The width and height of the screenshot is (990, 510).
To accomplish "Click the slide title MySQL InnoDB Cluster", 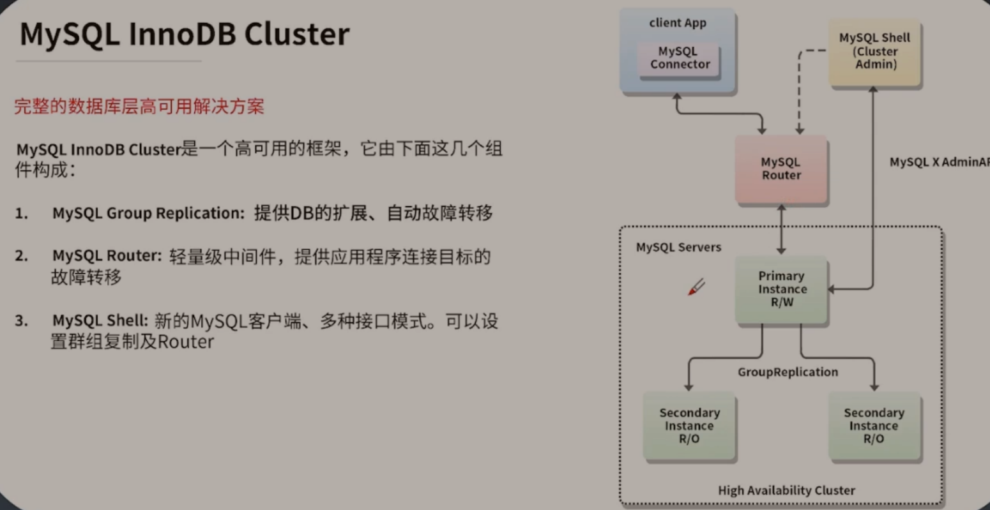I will pyautogui.click(x=185, y=34).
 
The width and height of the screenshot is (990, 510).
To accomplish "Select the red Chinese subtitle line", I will pyautogui.click(x=139, y=107).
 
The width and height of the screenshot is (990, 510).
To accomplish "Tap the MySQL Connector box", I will pyautogui.click(x=680, y=58).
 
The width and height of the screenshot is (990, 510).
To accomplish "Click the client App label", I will pyautogui.click(x=678, y=23).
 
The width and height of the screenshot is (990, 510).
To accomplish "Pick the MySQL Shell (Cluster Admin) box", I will pyautogui.click(x=874, y=51).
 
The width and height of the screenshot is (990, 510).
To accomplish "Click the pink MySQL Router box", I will pyautogui.click(x=781, y=169).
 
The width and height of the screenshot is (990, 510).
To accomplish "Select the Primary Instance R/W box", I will pyautogui.click(x=782, y=289).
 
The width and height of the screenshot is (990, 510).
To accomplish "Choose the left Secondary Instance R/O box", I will pyautogui.click(x=689, y=426).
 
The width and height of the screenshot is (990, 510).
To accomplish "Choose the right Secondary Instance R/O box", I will pyautogui.click(x=874, y=426).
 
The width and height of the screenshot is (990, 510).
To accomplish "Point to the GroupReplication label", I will pyautogui.click(x=788, y=372).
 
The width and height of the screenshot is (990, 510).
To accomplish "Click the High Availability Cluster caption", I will pyautogui.click(x=786, y=490).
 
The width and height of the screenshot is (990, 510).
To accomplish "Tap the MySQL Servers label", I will pyautogui.click(x=678, y=248).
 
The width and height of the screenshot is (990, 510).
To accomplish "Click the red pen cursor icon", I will pyautogui.click(x=696, y=287).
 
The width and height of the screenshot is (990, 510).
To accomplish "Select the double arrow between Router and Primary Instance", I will pyautogui.click(x=781, y=230).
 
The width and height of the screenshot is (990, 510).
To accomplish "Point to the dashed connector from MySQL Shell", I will pyautogui.click(x=800, y=89).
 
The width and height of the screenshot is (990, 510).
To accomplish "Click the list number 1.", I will pyautogui.click(x=22, y=213).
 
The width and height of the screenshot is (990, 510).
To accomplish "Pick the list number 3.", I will pyautogui.click(x=22, y=320).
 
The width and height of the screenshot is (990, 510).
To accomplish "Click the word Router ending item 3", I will pyautogui.click(x=185, y=342).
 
